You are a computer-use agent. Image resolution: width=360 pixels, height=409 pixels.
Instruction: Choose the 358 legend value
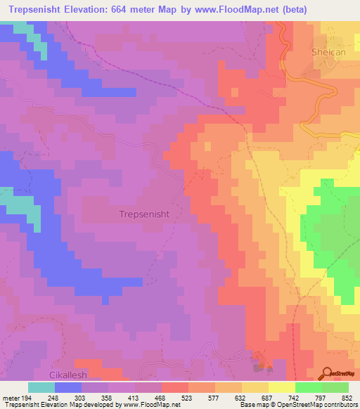coord(97,398)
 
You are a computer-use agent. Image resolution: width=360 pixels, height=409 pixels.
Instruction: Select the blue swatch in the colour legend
coord(67,387)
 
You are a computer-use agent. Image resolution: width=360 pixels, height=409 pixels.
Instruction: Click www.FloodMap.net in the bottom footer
coord(147,405)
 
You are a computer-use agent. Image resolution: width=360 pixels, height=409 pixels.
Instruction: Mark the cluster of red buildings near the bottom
coord(262,363)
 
